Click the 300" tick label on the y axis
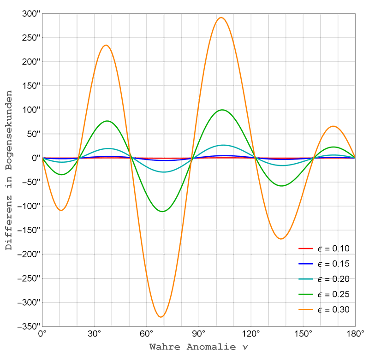click(31, 13)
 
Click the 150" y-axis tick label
click(31, 86)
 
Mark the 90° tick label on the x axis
click(198, 334)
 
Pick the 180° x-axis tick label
click(354, 334)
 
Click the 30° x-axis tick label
click(94, 334)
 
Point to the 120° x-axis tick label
click(250, 334)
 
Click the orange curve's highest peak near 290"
click(221, 18)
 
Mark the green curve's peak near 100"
click(223, 110)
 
